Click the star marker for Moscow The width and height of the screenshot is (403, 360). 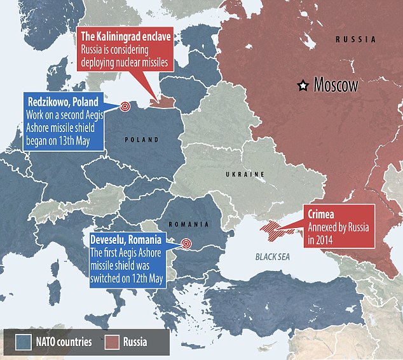click(304, 84)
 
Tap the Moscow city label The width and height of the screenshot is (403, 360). click(336, 85)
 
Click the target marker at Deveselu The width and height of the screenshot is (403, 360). click(186, 243)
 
